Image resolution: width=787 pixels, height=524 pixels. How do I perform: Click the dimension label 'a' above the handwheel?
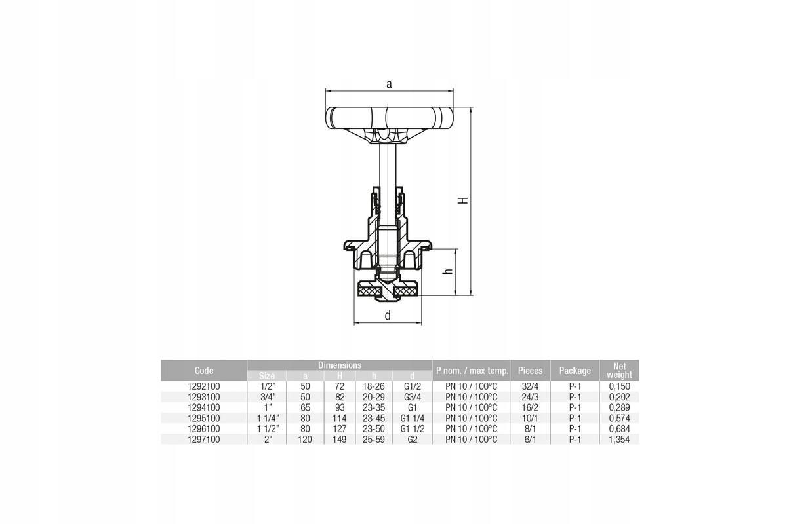pos(389,84)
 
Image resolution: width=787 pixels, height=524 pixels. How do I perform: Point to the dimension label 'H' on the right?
pos(464,200)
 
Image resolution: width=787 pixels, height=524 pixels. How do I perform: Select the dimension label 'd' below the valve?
pos(388,315)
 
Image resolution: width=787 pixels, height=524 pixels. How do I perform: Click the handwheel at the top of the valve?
pos(390,118)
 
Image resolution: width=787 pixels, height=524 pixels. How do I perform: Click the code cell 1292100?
pos(204,386)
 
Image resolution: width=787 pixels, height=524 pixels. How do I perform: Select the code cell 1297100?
pos(204,440)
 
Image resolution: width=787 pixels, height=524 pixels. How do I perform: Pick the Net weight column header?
pos(619,371)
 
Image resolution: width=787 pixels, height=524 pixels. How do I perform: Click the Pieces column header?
pos(530,371)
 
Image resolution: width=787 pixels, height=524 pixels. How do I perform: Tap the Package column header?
pos(575,371)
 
